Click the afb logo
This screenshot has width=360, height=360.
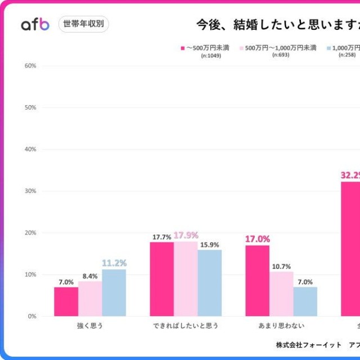[35, 24]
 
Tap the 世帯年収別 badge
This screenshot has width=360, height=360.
[83, 24]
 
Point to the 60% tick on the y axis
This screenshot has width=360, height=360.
[30, 66]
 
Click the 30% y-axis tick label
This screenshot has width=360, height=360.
[30, 191]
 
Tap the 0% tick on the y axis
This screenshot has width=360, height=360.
[32, 316]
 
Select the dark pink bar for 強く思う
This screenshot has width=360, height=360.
[66, 301]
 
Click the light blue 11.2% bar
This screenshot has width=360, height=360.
[114, 292]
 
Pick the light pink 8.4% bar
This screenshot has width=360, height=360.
[90, 299]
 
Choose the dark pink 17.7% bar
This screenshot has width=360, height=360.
[161, 279]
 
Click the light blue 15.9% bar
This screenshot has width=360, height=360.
[209, 283]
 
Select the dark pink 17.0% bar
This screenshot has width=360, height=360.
[257, 281]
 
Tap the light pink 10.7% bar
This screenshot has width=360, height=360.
[281, 294]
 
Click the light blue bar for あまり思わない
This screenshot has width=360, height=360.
[305, 301]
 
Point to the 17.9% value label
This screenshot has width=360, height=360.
[186, 236]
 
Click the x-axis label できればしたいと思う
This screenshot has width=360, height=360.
[186, 326]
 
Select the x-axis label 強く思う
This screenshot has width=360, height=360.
[90, 326]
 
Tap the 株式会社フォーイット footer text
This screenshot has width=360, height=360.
[308, 344]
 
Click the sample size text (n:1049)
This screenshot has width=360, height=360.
[211, 56]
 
